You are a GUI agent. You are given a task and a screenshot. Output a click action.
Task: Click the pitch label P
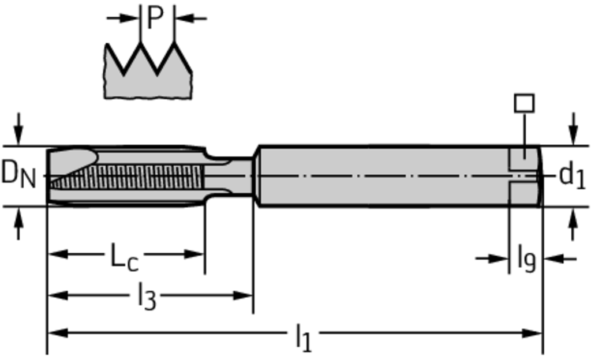pyautogui.click(x=155, y=17)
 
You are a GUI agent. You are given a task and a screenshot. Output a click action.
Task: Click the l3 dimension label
pyautogui.click(x=147, y=297)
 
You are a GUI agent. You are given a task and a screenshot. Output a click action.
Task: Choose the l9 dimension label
pyautogui.click(x=526, y=258)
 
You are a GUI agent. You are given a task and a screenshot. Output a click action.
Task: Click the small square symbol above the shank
pyautogui.click(x=524, y=103)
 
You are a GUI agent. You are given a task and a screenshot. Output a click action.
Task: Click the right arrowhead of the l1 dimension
pyautogui.click(x=532, y=333)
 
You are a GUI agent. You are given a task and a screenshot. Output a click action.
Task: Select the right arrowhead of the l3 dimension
pyautogui.click(x=242, y=295)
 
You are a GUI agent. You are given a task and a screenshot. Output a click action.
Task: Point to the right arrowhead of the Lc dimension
pyautogui.click(x=194, y=254)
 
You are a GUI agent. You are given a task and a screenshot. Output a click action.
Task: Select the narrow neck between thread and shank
pyautogui.click(x=230, y=176)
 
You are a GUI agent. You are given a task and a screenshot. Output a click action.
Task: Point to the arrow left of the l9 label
pyautogui.click(x=492, y=258)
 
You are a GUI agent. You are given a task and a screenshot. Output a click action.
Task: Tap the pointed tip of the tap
pyautogui.click(x=48, y=176)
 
